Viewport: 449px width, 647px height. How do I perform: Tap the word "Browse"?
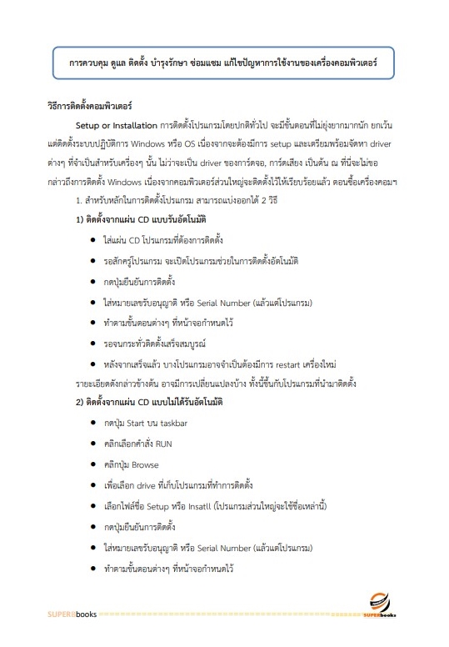coord(145,464)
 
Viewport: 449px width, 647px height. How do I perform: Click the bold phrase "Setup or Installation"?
coord(110,127)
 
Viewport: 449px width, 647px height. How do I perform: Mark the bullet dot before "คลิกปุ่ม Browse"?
coord(92,464)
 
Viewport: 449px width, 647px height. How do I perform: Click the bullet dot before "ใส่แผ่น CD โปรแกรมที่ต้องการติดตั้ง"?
coord(92,240)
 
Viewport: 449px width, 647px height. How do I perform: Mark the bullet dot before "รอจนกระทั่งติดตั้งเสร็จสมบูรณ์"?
coord(92,343)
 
